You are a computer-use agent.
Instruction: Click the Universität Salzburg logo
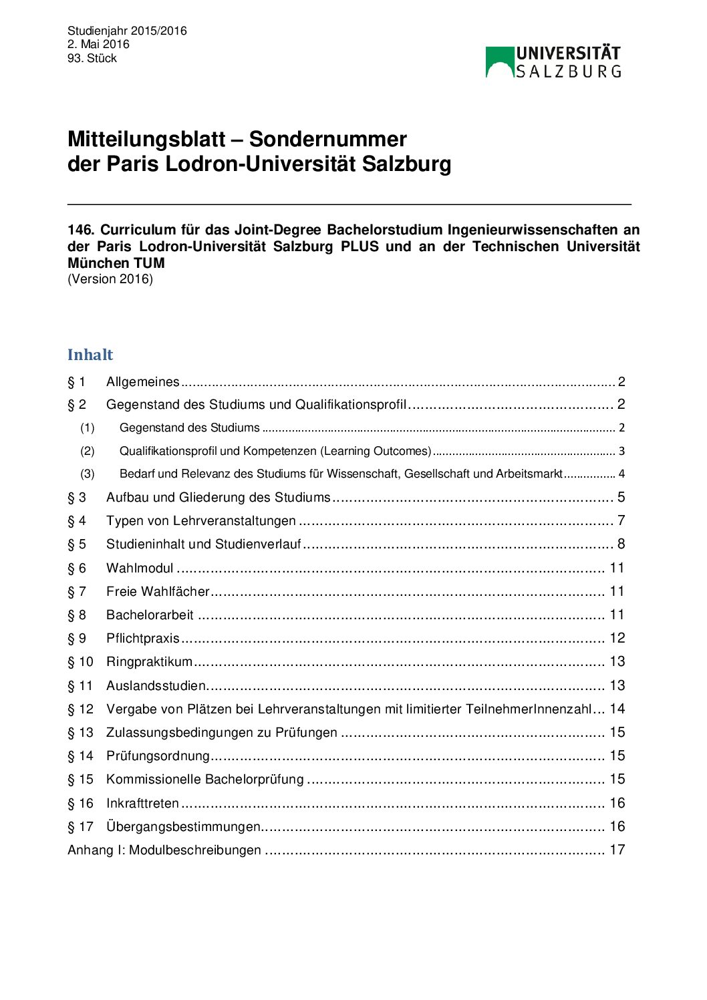[x=553, y=62]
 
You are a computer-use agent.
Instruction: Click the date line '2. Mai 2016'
[x=98, y=44]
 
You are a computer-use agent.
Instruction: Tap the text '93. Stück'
[x=92, y=58]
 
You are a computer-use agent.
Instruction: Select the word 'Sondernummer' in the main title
[x=327, y=139]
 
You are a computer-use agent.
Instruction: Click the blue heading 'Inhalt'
[x=90, y=355]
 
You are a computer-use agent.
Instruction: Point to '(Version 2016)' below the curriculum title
[x=110, y=279]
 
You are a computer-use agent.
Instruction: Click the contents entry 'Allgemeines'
[x=142, y=382]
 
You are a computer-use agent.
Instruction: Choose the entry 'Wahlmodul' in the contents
[x=140, y=568]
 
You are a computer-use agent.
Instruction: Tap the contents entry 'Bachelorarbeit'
[x=150, y=615]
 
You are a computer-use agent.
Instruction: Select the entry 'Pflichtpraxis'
[x=142, y=638]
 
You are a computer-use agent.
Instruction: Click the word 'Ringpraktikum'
[x=149, y=661]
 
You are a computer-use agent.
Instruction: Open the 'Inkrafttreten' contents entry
[x=142, y=803]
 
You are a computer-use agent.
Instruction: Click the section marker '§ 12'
[x=80, y=709]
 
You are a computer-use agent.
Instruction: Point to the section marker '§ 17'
[x=80, y=826]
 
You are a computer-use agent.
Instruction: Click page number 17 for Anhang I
[x=617, y=850]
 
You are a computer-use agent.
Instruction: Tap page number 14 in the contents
[x=617, y=709]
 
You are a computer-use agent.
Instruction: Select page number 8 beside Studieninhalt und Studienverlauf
[x=621, y=544]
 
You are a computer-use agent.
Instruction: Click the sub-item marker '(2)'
[x=88, y=451]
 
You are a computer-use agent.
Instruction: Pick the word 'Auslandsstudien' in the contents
[x=156, y=685]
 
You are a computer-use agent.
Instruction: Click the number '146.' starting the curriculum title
[x=81, y=230]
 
